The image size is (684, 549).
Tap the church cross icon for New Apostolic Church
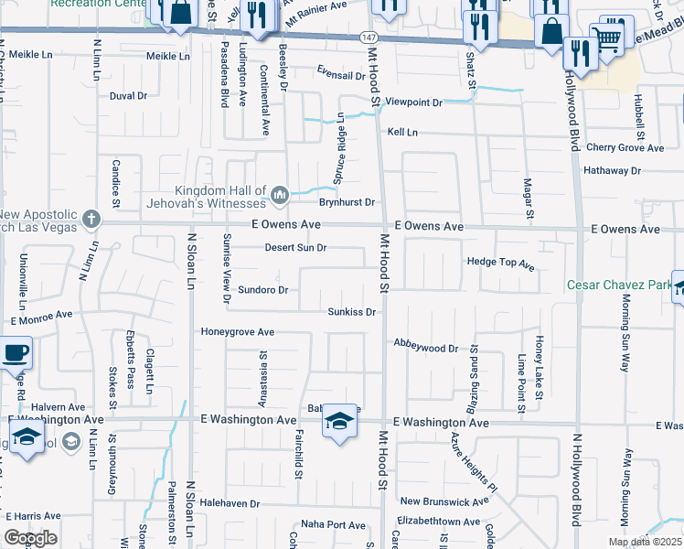click(x=90, y=219)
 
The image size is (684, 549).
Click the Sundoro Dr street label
click(x=262, y=290)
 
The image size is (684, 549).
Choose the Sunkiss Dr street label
click(x=353, y=312)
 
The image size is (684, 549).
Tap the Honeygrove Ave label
click(x=238, y=332)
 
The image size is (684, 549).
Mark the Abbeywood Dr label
click(x=425, y=348)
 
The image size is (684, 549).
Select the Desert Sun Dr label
click(x=295, y=248)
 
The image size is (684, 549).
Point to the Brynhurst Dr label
click(x=347, y=202)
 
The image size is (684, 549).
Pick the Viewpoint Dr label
click(x=413, y=102)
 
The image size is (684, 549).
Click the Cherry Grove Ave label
click(x=625, y=147)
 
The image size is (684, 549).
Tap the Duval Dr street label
click(x=128, y=95)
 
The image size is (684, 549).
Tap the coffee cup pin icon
click(x=15, y=352)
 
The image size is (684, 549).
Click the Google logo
click(x=30, y=538)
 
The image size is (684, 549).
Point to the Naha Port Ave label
click(x=334, y=524)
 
